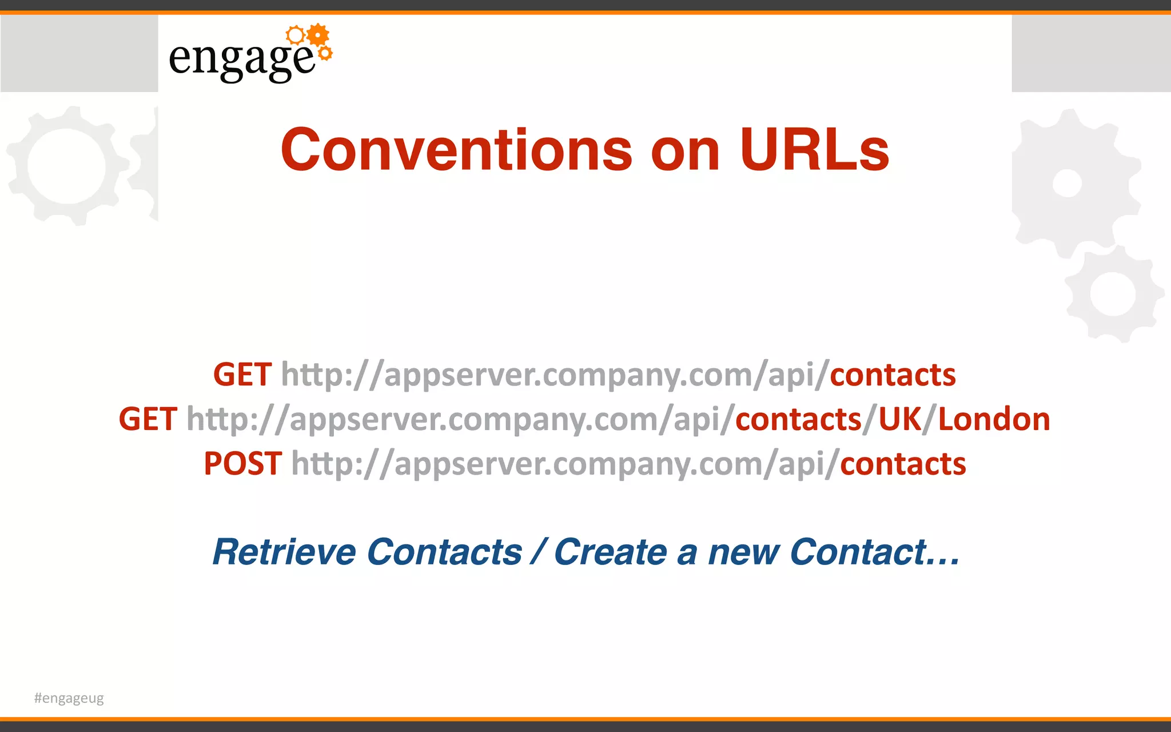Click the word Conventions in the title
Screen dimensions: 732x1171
point(456,150)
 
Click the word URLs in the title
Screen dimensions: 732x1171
point(814,150)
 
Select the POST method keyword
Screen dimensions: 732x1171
point(242,464)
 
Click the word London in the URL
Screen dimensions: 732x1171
point(994,419)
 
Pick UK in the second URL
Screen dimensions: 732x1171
point(900,419)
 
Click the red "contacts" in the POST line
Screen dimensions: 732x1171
point(903,464)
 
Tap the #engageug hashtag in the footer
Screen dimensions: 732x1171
point(69,698)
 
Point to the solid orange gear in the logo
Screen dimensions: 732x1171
point(318,35)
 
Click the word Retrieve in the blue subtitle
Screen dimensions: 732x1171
point(284,552)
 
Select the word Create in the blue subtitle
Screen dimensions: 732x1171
point(610,552)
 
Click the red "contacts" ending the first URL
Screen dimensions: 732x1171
point(893,375)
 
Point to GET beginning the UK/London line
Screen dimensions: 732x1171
point(148,419)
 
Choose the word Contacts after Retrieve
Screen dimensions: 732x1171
point(444,552)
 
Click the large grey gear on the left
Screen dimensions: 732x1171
point(67,166)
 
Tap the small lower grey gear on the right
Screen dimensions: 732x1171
point(1113,294)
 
